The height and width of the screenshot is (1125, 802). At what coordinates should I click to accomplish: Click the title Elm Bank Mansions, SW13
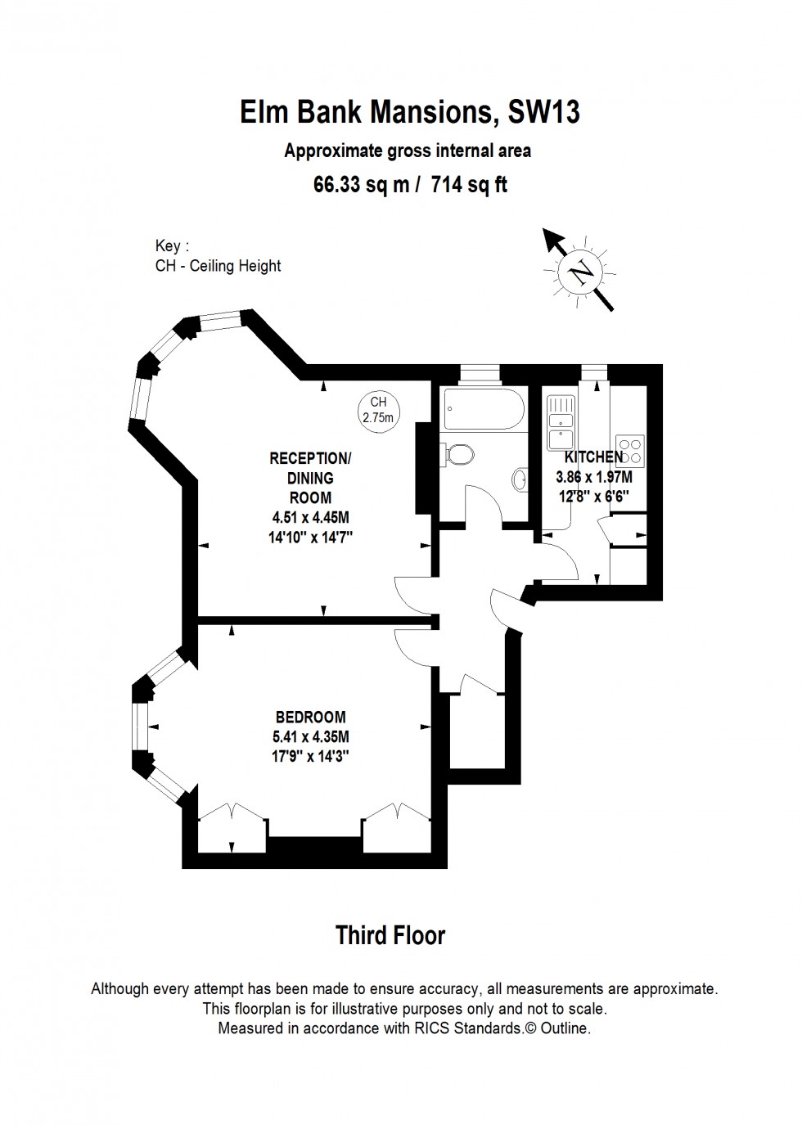(x=410, y=112)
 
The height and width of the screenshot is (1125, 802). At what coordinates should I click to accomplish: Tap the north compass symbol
(x=582, y=271)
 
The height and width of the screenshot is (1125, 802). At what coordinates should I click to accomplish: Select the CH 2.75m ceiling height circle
(x=378, y=410)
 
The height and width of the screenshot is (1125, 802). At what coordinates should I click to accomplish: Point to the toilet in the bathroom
(x=458, y=452)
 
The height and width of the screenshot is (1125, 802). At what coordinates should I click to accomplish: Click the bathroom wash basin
(x=520, y=479)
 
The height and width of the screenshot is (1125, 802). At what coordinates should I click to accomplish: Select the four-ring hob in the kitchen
(x=632, y=447)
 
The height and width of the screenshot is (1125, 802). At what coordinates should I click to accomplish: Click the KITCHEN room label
(x=593, y=457)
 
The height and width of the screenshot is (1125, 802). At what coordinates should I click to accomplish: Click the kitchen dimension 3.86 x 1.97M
(x=593, y=477)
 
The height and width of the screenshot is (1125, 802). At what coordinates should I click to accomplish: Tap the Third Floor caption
(x=390, y=935)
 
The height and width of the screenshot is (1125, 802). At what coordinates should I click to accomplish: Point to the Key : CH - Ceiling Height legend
(x=218, y=256)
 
